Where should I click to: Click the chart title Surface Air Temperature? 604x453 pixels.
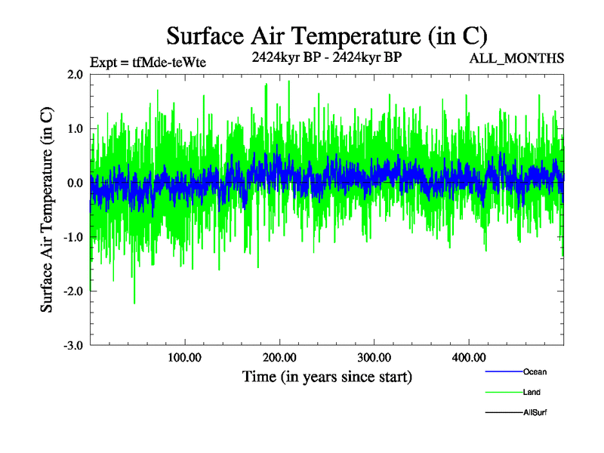click(x=326, y=35)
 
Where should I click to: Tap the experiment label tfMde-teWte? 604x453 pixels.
click(x=147, y=62)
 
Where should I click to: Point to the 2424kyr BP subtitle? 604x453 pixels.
click(x=326, y=57)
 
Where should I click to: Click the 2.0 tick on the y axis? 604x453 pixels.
click(x=74, y=75)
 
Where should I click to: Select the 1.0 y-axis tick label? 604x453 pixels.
click(x=74, y=129)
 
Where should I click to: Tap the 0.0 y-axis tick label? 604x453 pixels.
click(x=74, y=183)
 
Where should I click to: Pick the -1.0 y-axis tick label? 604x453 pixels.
click(x=72, y=238)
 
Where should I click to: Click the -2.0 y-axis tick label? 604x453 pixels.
click(x=72, y=291)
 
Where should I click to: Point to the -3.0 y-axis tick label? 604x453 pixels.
click(x=72, y=346)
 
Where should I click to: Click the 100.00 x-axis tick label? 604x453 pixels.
click(x=185, y=357)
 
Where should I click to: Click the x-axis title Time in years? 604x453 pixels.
click(x=327, y=376)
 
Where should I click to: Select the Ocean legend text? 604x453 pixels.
click(x=535, y=371)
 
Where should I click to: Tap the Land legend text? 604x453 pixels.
click(x=532, y=392)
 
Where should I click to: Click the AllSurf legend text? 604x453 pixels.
click(x=535, y=412)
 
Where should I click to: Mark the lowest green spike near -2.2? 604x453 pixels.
click(x=134, y=303)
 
